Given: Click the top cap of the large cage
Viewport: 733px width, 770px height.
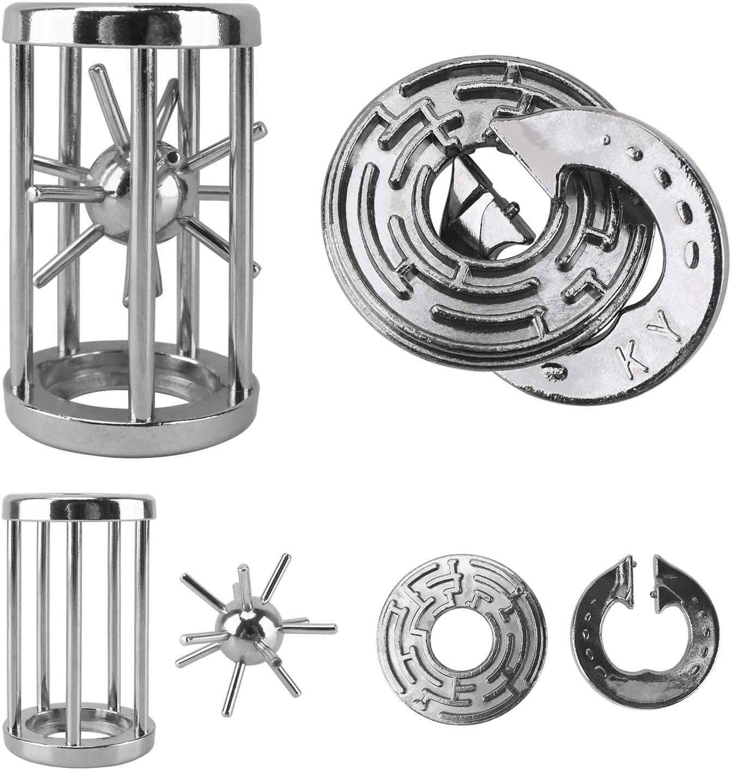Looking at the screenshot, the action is (132, 23).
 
